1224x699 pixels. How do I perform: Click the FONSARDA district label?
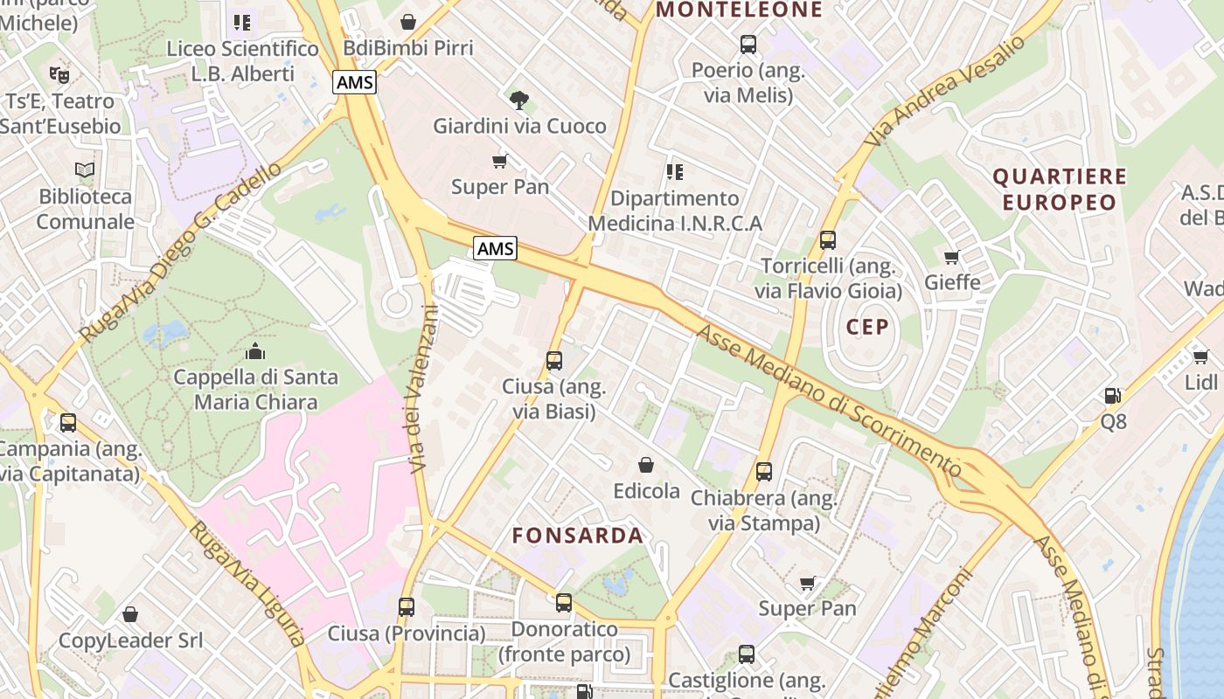click(x=577, y=535)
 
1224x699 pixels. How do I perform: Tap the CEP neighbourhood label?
click(x=867, y=327)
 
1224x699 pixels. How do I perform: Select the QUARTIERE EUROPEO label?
click(x=1060, y=190)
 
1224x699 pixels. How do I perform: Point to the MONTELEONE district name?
click(x=739, y=10)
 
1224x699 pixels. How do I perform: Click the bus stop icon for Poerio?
click(x=748, y=44)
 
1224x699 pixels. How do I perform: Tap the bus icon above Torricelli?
click(x=827, y=239)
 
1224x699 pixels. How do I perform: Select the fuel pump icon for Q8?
click(x=1112, y=396)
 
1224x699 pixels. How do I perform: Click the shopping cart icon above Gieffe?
click(x=952, y=257)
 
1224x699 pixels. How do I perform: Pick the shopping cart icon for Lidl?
click(x=1200, y=356)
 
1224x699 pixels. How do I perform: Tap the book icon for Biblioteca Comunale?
click(x=85, y=170)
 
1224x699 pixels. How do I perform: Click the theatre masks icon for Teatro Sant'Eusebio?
click(x=59, y=74)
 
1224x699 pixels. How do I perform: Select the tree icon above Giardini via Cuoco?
click(x=519, y=100)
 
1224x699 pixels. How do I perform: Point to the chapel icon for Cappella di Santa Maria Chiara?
click(x=255, y=351)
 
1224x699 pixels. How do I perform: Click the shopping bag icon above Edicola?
click(x=646, y=465)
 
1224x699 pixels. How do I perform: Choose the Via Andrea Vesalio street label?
click(x=944, y=92)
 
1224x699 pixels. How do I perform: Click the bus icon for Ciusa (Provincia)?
click(x=406, y=606)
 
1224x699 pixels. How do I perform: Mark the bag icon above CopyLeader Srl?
click(x=130, y=614)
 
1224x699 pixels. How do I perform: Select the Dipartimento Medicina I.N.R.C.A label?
click(x=674, y=211)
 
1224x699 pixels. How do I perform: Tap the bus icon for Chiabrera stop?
click(x=764, y=472)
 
